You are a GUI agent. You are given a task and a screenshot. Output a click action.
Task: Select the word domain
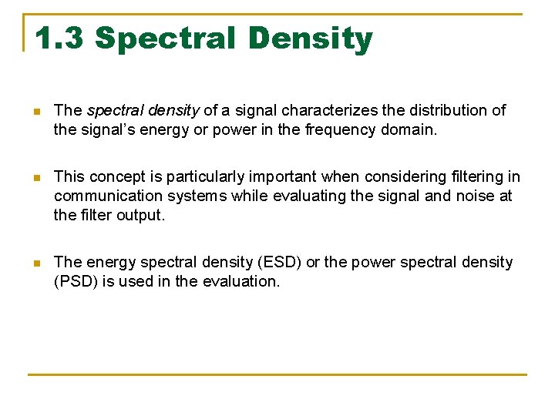(409, 130)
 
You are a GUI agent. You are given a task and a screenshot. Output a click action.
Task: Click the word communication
(103, 196)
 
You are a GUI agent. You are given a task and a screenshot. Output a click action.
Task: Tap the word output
(140, 216)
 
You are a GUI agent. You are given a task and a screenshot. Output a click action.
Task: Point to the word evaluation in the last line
(240, 281)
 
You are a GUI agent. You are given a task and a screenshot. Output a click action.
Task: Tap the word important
(274, 177)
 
